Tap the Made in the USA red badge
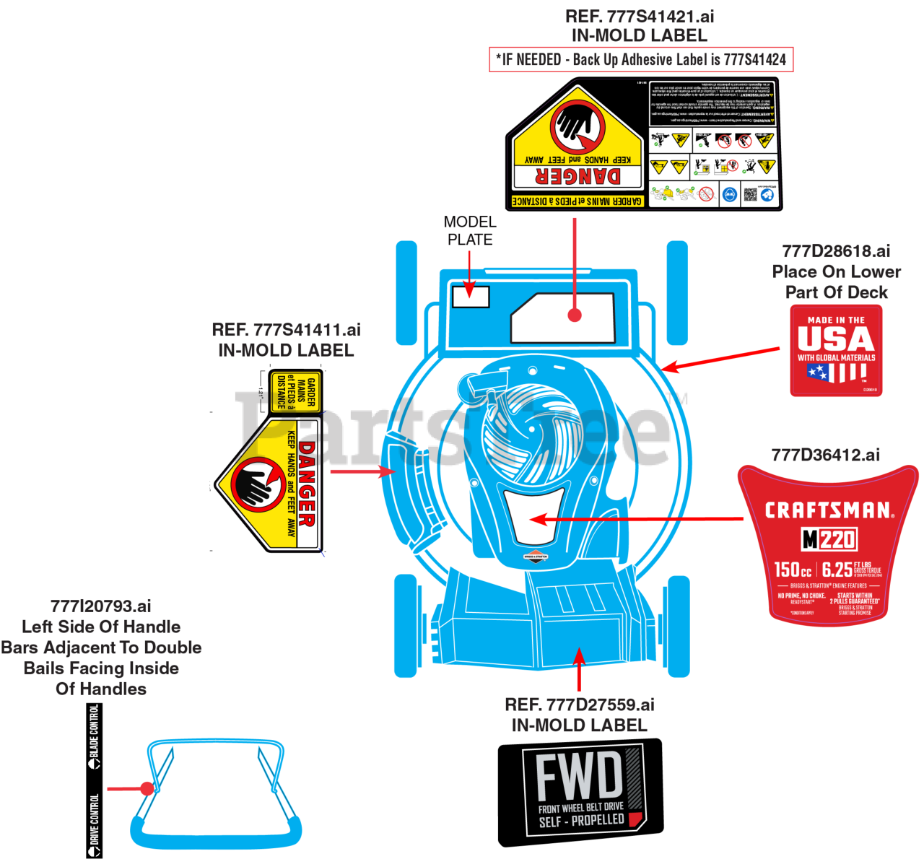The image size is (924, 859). click(836, 351)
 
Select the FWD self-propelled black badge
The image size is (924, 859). click(583, 790)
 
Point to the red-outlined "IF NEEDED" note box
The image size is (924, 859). click(641, 60)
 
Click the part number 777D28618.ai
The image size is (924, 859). click(836, 251)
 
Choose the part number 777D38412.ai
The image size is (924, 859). click(826, 455)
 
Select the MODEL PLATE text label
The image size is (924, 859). click(470, 230)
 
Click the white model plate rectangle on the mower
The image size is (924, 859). click(471, 297)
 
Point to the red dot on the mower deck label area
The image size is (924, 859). click(575, 315)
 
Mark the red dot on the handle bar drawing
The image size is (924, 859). click(147, 788)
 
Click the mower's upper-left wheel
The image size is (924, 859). click(406, 292)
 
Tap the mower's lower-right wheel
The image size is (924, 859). click(678, 625)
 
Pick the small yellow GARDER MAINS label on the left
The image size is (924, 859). click(296, 392)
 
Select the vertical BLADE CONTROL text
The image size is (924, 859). click(95, 735)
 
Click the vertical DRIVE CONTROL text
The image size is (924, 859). click(95, 823)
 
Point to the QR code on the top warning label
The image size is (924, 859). click(751, 193)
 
